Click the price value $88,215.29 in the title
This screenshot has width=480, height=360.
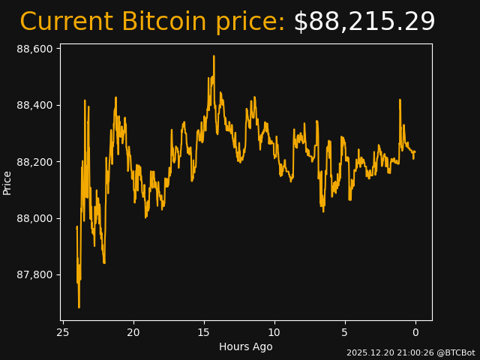tap(364, 22)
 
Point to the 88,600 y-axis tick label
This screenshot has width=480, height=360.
tap(34, 49)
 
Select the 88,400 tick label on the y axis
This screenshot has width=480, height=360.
tap(34, 105)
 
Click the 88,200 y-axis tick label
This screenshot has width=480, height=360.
tap(34, 162)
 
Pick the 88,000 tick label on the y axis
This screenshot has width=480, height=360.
tap(34, 218)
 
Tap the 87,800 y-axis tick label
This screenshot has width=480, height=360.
tap(34, 274)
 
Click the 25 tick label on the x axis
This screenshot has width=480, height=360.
tap(63, 332)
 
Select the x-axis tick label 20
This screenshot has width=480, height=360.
tap(133, 332)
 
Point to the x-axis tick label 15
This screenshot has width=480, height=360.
tap(204, 332)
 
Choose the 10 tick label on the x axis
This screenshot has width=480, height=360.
tap(274, 332)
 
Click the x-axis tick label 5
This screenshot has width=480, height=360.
tap(345, 332)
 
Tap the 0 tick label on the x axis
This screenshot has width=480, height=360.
tap(415, 332)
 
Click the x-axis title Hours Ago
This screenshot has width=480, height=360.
tap(246, 346)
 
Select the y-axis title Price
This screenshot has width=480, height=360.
tap(7, 182)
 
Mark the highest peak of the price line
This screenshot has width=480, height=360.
tap(214, 56)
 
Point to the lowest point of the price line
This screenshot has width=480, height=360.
tap(79, 307)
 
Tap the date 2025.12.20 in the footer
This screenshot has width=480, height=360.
tap(368, 352)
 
